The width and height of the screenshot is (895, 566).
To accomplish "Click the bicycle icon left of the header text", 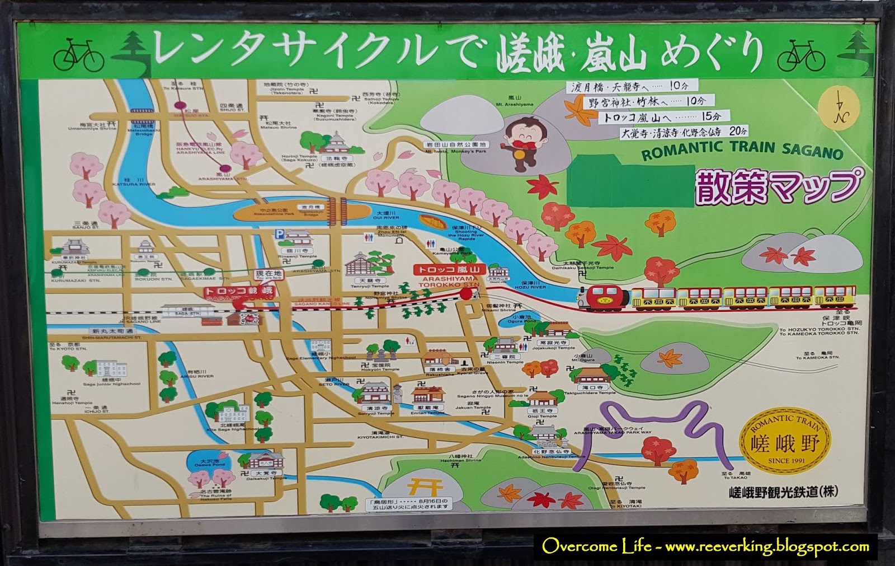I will click(79, 54).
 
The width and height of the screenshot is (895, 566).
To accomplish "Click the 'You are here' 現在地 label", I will click(268, 274).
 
